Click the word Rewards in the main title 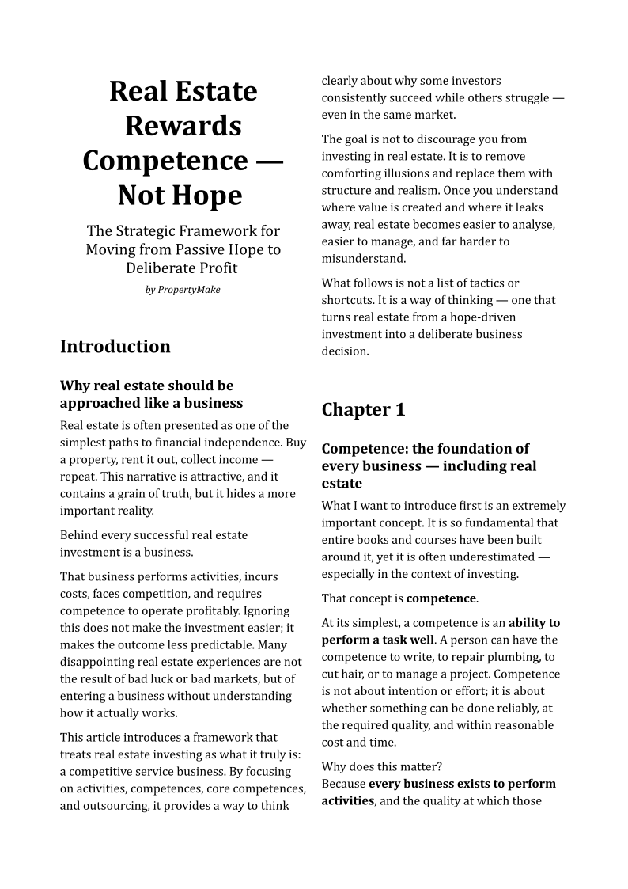[x=183, y=126]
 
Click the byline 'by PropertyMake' [x=183, y=290]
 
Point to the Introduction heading [x=115, y=347]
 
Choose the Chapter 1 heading [x=363, y=409]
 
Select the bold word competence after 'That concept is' [x=441, y=598]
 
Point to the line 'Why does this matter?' [x=382, y=766]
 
